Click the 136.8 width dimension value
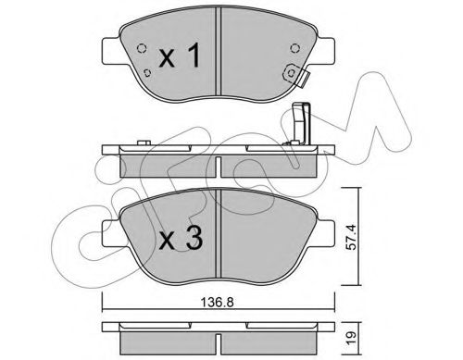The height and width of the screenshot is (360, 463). click(218, 303)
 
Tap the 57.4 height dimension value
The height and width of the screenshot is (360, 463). click(351, 237)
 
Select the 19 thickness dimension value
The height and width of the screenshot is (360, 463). click(351, 335)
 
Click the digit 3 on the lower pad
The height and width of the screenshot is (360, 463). click(194, 238)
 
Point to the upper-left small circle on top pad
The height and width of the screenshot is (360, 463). click(142, 48)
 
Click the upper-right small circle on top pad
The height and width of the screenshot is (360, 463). click(294, 48)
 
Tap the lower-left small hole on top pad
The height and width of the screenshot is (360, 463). click(148, 73)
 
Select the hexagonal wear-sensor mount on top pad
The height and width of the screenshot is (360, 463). click(291, 73)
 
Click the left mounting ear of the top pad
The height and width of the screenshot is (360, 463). click(110, 51)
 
